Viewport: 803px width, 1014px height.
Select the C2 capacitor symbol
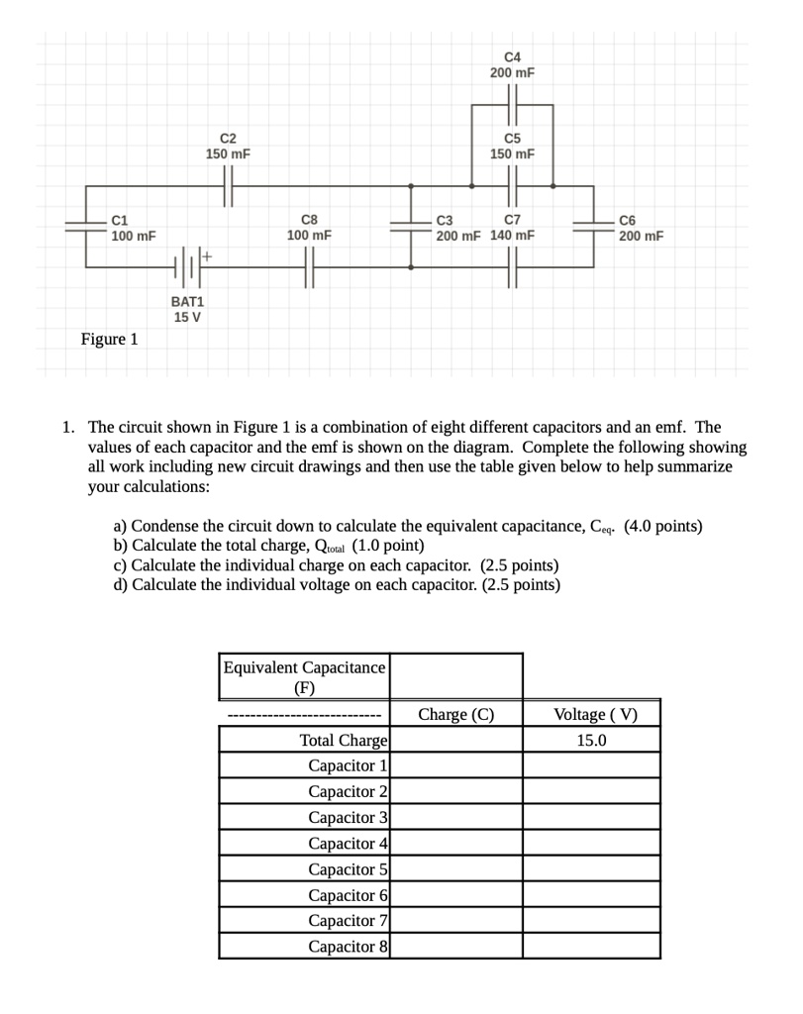(x=228, y=185)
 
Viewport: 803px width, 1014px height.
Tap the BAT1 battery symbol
(x=188, y=266)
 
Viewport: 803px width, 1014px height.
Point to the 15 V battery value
(x=187, y=318)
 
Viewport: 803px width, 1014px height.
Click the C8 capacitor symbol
(x=309, y=266)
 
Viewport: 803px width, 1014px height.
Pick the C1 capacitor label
(x=120, y=219)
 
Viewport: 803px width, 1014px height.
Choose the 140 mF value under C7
(x=513, y=236)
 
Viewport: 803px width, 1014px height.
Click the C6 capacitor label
(x=628, y=219)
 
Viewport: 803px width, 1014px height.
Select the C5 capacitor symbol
(x=512, y=185)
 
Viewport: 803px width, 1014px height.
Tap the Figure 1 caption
(x=109, y=340)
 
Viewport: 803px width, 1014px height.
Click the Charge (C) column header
(x=455, y=714)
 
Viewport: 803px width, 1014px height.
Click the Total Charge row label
(x=343, y=741)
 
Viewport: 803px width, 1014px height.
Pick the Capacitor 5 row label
(x=348, y=869)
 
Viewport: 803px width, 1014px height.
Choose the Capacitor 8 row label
(x=348, y=947)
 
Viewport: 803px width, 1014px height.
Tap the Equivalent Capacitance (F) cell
(x=304, y=676)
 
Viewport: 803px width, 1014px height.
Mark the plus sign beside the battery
(x=208, y=255)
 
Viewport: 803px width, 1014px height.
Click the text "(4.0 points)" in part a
(x=663, y=526)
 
